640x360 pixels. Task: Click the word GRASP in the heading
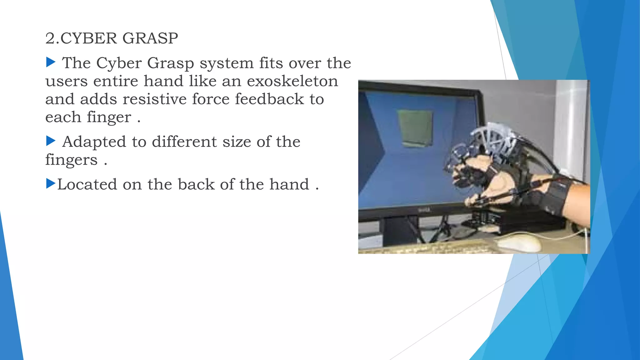click(x=150, y=38)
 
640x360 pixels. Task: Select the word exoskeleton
click(x=292, y=81)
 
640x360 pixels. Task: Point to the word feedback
click(x=269, y=99)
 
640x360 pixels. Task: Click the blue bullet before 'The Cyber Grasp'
click(x=51, y=62)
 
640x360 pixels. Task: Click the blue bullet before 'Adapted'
click(x=51, y=141)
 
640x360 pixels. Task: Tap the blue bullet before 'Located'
click(x=51, y=183)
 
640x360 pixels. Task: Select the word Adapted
click(x=94, y=142)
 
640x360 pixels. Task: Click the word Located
click(x=87, y=184)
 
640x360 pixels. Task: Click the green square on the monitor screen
click(x=415, y=127)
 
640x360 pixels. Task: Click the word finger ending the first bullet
click(x=109, y=118)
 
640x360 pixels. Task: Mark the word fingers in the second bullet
click(x=71, y=160)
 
